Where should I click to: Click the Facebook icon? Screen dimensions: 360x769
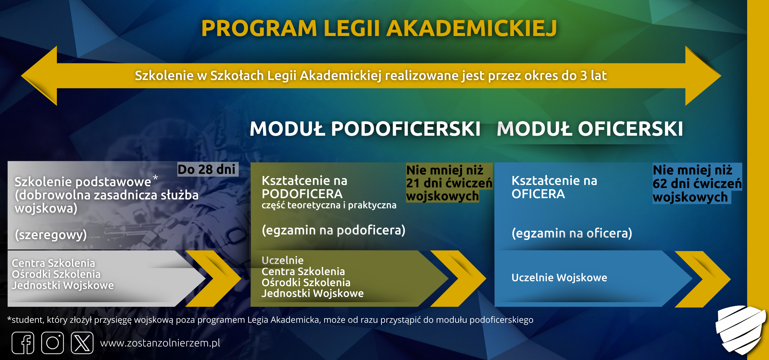(23, 343)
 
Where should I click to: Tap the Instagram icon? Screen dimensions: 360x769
(53, 343)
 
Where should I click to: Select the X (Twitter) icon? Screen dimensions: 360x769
(82, 343)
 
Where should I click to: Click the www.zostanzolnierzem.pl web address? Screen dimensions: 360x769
(160, 343)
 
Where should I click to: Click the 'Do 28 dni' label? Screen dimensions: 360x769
(207, 170)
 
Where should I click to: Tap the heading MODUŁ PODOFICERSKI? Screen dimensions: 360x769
(365, 129)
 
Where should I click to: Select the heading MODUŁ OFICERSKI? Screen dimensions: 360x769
(590, 129)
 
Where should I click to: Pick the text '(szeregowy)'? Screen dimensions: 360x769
(51, 235)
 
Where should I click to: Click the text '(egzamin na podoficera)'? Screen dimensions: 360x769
(333, 230)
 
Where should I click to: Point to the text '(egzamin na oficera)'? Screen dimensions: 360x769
(572, 233)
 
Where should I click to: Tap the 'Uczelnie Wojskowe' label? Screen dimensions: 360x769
(559, 278)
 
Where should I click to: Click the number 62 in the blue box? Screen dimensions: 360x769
(660, 184)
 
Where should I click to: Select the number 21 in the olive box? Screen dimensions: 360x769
(413, 183)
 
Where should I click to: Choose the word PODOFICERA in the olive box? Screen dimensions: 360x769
(302, 194)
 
